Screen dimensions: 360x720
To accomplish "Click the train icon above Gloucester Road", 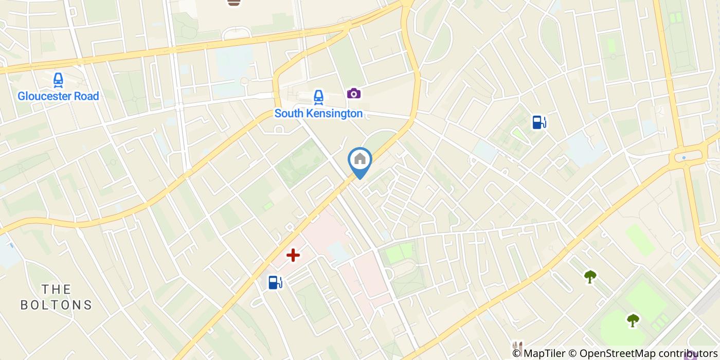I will pyautogui.click(x=58, y=80).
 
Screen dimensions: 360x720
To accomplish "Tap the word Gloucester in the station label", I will pyautogui.click(x=42, y=96).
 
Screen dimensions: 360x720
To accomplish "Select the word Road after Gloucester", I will pyautogui.click(x=85, y=96).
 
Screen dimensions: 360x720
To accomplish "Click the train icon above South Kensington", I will pyautogui.click(x=318, y=97).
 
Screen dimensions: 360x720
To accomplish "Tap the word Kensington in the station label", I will pyautogui.click(x=333, y=114).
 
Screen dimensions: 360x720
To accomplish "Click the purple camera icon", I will pyautogui.click(x=353, y=93).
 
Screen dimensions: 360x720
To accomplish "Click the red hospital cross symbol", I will pyautogui.click(x=293, y=255).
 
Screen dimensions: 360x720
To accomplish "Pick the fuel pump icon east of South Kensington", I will pyautogui.click(x=539, y=122).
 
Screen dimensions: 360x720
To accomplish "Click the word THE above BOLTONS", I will pyautogui.click(x=56, y=289).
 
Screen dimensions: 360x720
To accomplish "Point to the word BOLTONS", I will pyautogui.click(x=56, y=305).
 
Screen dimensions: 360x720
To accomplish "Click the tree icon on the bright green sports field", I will pyautogui.click(x=633, y=320).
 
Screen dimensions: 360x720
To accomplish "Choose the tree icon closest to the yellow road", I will pyautogui.click(x=590, y=277).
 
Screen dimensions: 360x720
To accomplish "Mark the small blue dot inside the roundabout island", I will pyautogui.click(x=683, y=157).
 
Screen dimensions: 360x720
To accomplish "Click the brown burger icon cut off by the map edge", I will pyautogui.click(x=234, y=3).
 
